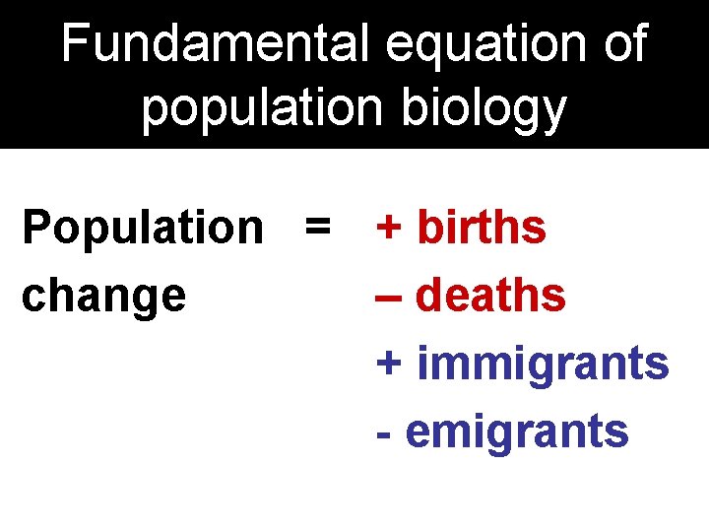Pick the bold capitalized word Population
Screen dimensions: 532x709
(x=143, y=228)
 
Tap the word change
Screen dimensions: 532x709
(x=103, y=296)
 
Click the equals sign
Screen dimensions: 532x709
(x=317, y=228)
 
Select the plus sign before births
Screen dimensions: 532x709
(x=389, y=228)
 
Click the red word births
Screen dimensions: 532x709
(x=482, y=228)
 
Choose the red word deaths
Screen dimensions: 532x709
(x=491, y=295)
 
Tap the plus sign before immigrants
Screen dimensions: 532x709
(x=389, y=364)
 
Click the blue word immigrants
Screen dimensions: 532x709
(x=543, y=364)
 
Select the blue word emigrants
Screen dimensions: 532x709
(x=517, y=432)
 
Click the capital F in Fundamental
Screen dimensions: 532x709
(x=73, y=44)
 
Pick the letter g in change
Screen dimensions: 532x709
(x=144, y=299)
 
